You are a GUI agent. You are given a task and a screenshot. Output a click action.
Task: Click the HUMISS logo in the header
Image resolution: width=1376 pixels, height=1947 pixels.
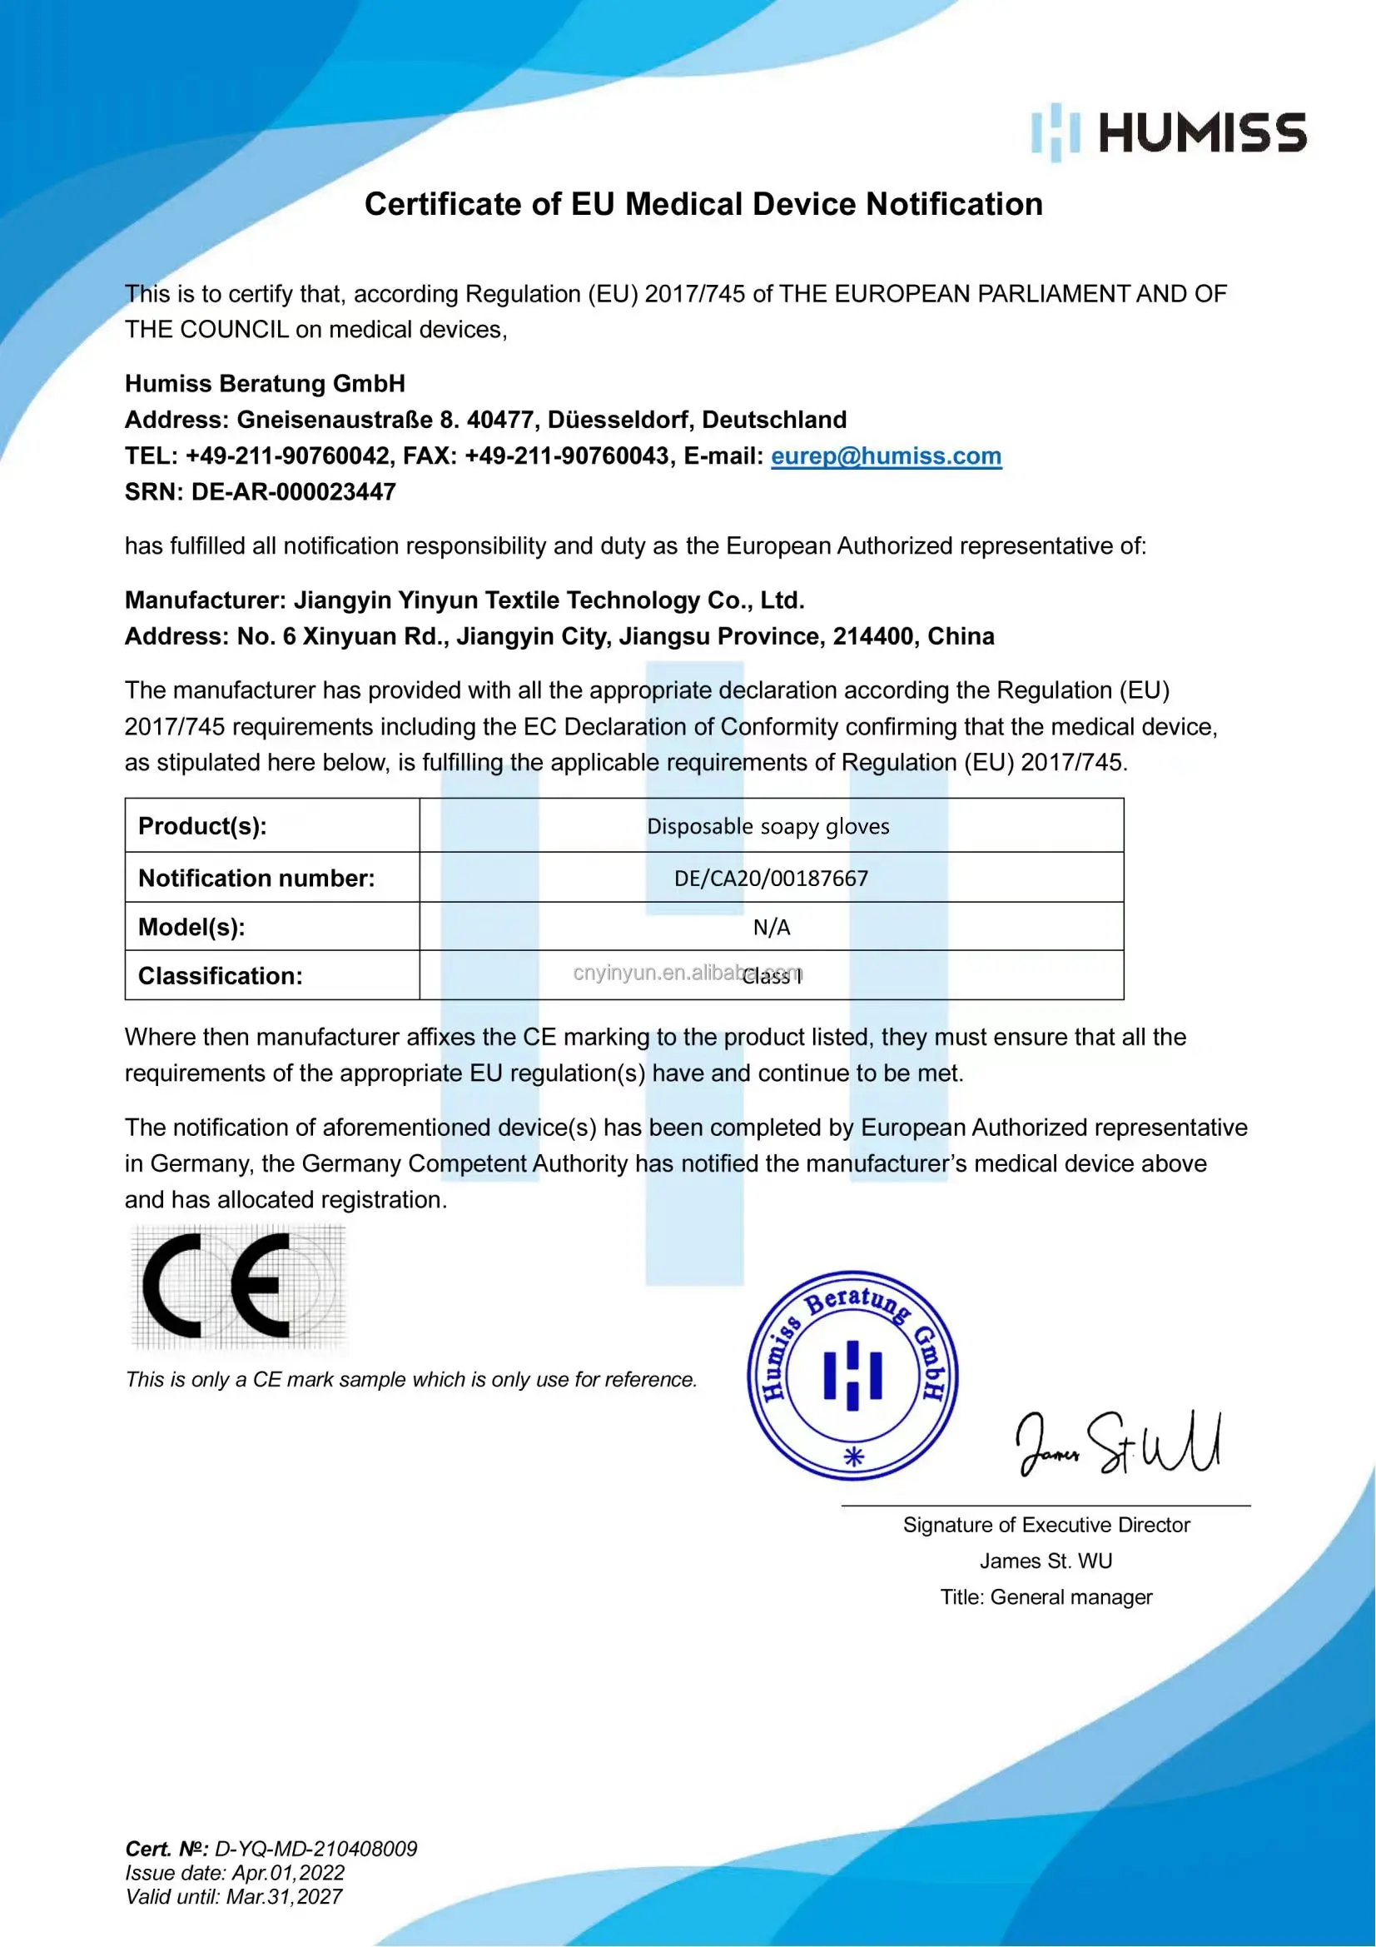pos(1168,133)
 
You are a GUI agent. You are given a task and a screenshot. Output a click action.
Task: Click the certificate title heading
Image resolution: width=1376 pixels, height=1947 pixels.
pos(703,204)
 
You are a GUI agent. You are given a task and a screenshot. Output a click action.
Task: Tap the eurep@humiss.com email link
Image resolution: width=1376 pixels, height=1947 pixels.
pos(886,456)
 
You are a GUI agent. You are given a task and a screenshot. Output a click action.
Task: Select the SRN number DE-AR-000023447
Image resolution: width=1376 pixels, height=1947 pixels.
pos(293,492)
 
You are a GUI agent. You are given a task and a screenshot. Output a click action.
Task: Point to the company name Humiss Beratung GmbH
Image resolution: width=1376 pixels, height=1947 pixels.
pos(265,384)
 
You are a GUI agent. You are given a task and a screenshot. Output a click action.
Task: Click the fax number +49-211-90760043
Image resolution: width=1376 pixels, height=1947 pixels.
pos(566,456)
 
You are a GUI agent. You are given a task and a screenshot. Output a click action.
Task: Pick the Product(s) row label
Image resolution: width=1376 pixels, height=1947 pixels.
pos(202,826)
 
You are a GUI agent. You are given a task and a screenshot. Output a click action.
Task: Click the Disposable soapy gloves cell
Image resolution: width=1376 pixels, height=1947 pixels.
pos(768,826)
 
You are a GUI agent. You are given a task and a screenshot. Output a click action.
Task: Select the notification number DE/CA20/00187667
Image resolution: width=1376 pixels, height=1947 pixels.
pos(771,878)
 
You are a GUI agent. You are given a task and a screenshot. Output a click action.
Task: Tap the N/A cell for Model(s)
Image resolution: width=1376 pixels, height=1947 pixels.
pos(772,927)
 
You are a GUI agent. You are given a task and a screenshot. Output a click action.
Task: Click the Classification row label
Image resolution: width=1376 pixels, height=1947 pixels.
pos(221,976)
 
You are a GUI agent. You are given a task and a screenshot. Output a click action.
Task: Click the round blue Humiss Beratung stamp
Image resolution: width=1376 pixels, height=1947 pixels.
pos(852,1376)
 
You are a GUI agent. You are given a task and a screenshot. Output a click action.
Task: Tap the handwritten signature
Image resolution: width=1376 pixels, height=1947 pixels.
pos(1117,1444)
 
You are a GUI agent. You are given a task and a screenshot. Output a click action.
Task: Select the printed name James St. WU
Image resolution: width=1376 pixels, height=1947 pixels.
pos(1046,1561)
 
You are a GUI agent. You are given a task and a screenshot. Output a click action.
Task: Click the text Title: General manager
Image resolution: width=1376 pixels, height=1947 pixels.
pos(1046,1597)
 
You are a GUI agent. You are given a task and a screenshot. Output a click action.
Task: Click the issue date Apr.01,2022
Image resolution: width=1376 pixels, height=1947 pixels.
pos(288,1873)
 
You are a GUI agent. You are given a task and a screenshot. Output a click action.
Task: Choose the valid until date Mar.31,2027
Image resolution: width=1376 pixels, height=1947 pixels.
pos(283,1897)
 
